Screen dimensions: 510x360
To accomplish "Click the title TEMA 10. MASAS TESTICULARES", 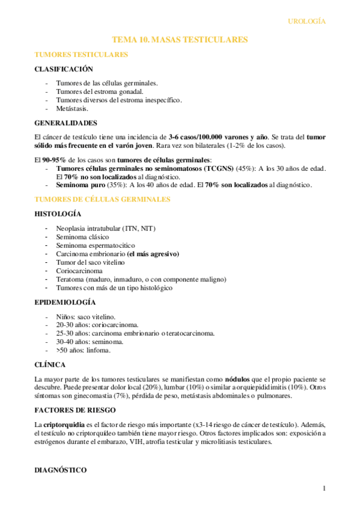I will coord(180,40).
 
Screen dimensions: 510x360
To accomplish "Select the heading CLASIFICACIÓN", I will coord(64,69).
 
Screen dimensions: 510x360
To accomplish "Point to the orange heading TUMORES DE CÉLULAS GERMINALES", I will coord(103,199).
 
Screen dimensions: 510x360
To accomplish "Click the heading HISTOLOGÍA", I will coord(58,214).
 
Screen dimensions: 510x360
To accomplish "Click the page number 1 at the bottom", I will coord(323,488).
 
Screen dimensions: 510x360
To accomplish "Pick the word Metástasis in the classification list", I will coord(72,109).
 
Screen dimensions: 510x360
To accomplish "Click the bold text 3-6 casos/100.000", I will coord(202,137).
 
